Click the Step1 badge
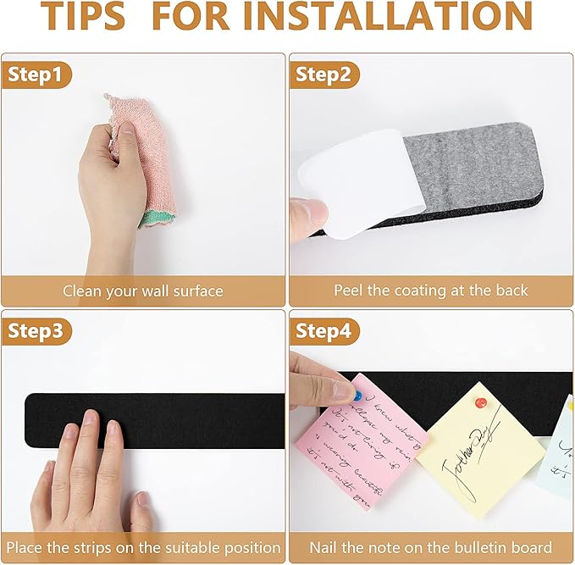[36, 75]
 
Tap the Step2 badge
[323, 75]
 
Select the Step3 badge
[36, 331]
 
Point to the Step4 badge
[323, 331]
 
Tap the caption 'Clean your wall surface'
[143, 291]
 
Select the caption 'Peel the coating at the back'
[430, 291]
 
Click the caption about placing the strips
[143, 547]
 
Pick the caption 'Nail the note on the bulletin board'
[430, 547]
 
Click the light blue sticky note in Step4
[559, 462]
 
